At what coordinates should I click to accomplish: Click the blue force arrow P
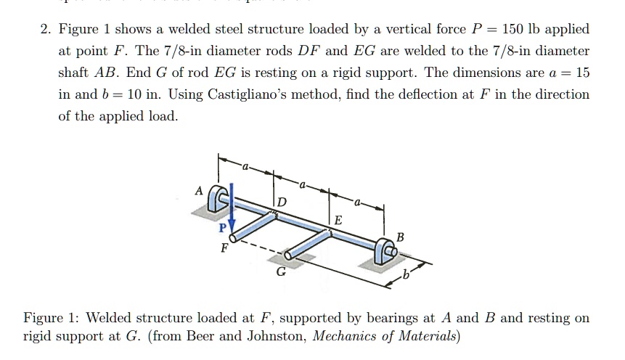coord(231,211)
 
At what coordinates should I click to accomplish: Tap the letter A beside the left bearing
coord(198,190)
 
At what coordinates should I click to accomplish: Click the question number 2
coord(45,30)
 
